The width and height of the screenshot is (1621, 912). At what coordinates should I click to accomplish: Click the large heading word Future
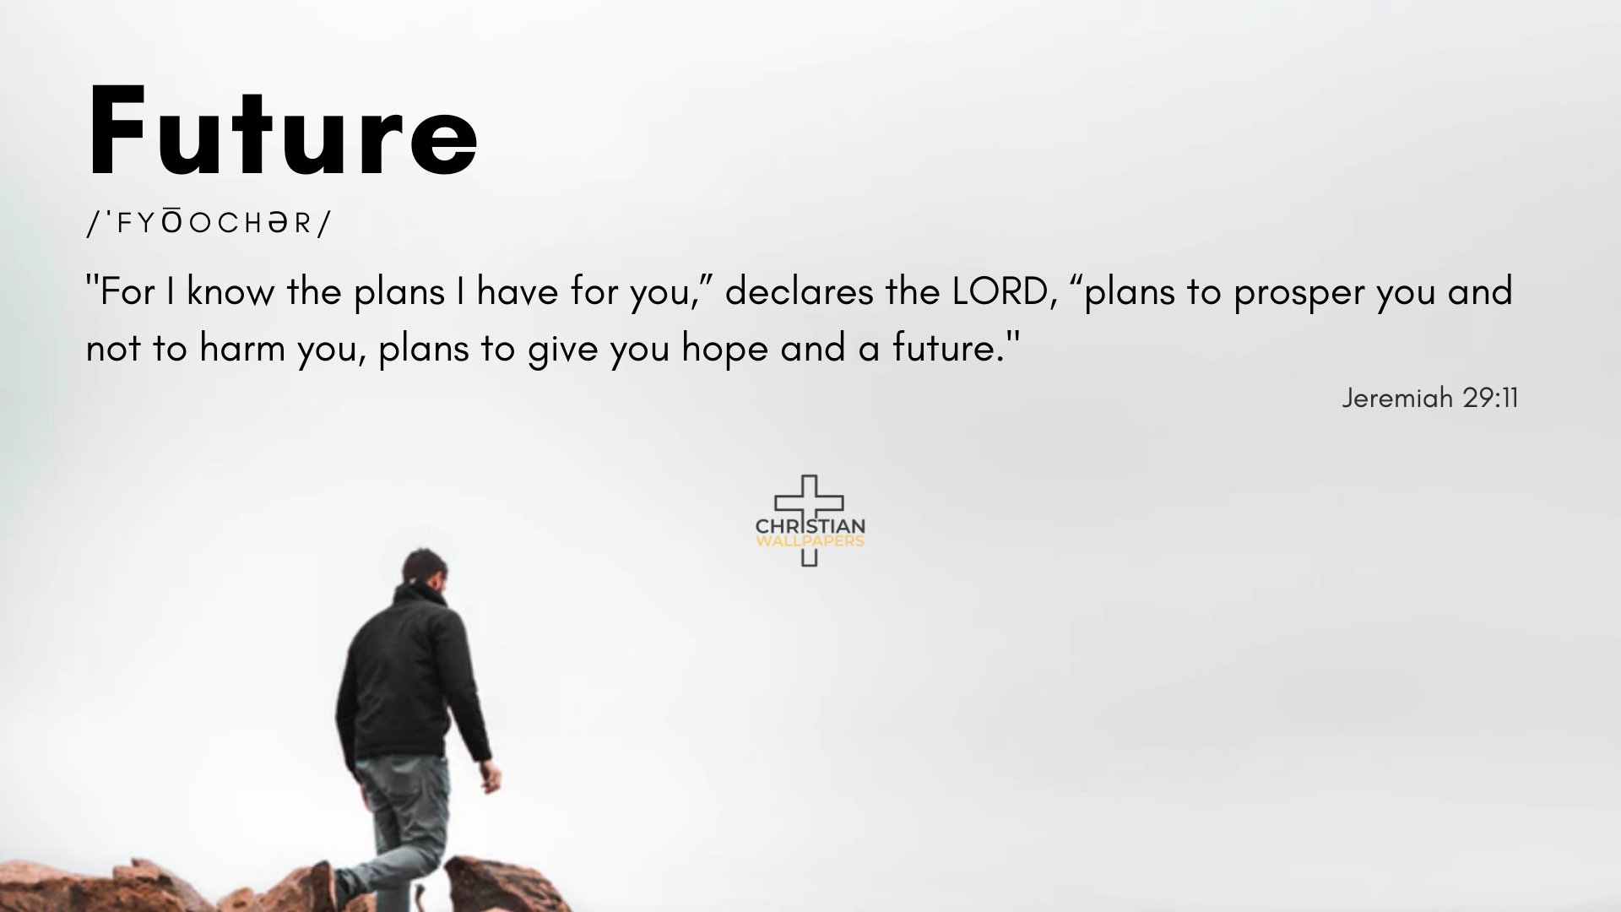283,133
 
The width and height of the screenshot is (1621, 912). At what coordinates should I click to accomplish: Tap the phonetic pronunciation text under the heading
209,223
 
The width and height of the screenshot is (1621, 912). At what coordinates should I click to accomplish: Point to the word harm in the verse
241,348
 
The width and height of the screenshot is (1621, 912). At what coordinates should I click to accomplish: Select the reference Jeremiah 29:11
1429,398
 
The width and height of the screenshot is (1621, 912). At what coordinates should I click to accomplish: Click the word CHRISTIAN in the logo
810,526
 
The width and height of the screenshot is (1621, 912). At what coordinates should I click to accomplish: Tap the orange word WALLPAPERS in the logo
810,541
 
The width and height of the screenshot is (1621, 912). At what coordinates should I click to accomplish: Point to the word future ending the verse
946,348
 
